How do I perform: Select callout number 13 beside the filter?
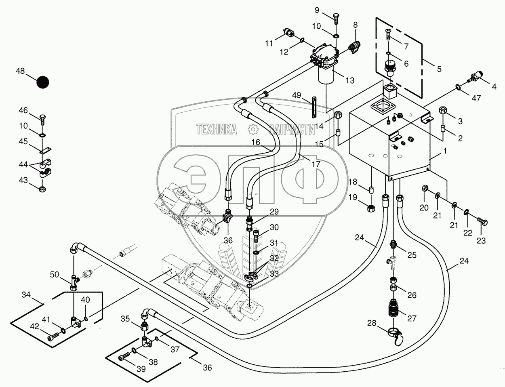tap(349, 80)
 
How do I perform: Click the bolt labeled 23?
tap(482, 222)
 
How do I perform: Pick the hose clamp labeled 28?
tap(396, 335)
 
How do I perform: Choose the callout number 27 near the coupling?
tap(411, 318)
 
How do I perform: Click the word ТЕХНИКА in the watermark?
tap(217, 129)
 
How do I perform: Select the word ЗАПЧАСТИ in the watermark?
tap(292, 129)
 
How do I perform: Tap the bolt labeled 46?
tap(43, 119)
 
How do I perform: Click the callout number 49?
tap(297, 95)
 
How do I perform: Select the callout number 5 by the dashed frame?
tap(439, 69)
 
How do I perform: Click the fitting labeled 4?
tap(477, 75)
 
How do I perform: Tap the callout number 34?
tap(26, 295)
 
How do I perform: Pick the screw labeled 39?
tap(124, 358)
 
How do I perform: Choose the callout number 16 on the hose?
tap(255, 142)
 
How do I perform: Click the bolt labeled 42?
tap(50, 336)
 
